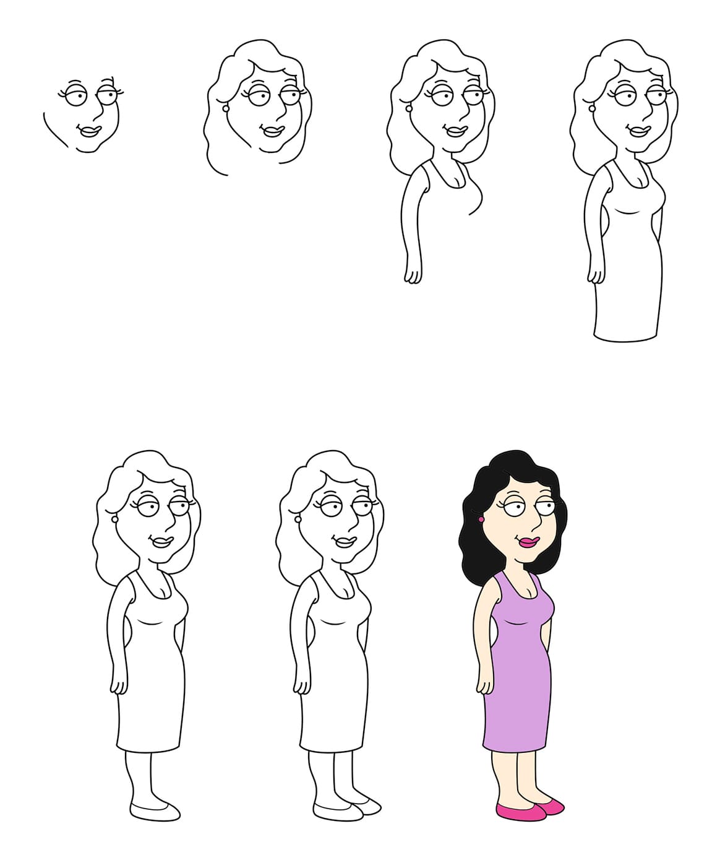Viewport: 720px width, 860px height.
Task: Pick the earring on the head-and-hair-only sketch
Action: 226,108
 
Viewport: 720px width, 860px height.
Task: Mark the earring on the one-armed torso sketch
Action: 409,108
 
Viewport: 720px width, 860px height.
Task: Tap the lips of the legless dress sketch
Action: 638,131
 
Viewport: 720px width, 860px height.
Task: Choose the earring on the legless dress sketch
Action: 592,108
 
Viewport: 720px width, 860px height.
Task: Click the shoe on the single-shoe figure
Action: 155,810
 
